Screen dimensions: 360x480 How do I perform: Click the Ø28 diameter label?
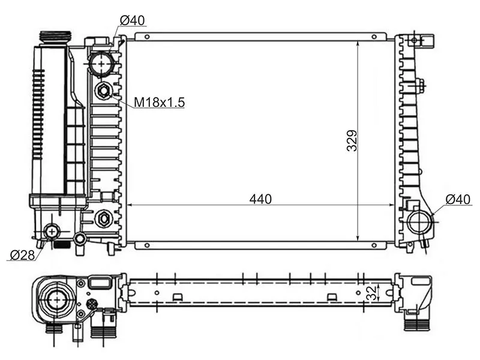tap(21, 255)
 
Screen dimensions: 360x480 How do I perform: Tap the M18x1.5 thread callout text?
tap(159, 103)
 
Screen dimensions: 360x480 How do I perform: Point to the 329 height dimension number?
tap(352, 140)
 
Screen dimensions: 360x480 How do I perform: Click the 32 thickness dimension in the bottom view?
tap(371, 292)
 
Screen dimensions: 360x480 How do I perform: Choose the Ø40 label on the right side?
tap(457, 199)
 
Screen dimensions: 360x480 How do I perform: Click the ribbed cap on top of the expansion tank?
tap(55, 37)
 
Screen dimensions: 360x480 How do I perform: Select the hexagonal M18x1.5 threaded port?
tap(104, 91)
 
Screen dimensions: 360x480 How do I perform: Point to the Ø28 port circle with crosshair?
tap(52, 230)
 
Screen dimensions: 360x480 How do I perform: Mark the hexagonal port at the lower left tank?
tap(103, 218)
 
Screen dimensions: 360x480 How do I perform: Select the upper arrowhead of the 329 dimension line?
tap(358, 44)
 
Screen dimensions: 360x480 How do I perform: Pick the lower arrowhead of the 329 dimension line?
tap(358, 238)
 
